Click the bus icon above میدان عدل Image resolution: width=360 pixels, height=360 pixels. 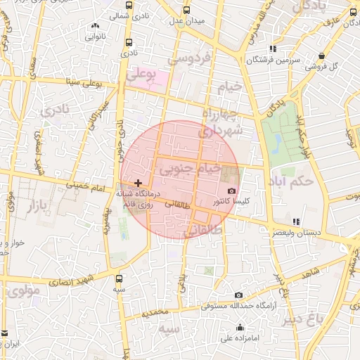tap(186, 10)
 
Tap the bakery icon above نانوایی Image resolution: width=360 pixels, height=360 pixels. tap(94, 26)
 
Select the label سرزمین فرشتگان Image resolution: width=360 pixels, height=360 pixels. tap(273, 60)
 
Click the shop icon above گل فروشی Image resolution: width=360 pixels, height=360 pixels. tap(321, 56)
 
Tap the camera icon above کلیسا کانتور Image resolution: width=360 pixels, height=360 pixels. tap(231, 191)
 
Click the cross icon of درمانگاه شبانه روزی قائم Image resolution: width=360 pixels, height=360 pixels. tap(138, 183)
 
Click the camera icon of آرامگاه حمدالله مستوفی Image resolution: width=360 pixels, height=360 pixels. tap(239, 295)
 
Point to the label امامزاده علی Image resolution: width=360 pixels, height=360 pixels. tap(240, 337)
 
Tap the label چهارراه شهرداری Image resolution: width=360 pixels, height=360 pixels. tap(222, 122)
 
